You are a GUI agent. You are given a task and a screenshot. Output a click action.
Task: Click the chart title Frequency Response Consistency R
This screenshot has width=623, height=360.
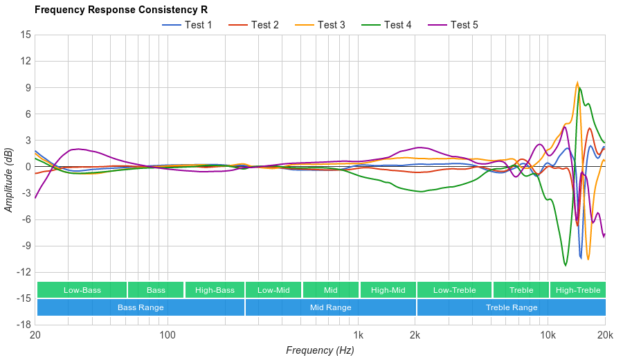pyautogui.click(x=120, y=10)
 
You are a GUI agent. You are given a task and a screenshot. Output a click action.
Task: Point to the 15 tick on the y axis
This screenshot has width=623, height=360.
pyautogui.click(x=26, y=35)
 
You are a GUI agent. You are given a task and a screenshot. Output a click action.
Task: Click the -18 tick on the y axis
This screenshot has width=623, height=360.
pyautogui.click(x=24, y=325)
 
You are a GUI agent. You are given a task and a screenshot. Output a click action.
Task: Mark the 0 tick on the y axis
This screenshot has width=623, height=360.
pyautogui.click(x=28, y=167)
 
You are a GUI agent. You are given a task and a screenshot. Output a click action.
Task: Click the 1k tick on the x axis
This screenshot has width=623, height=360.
pyautogui.click(x=358, y=335)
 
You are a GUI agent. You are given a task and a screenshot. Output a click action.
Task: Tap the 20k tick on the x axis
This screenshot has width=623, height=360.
pyautogui.click(x=605, y=335)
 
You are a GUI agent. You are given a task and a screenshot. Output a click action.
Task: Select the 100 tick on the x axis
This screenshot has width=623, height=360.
pyautogui.click(x=168, y=335)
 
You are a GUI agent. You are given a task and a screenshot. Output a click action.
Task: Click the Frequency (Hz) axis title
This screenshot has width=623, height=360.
pyautogui.click(x=320, y=350)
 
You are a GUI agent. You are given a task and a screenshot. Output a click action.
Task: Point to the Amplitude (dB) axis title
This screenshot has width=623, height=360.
pyautogui.click(x=9, y=179)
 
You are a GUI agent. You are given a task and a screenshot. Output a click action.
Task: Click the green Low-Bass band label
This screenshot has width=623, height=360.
pyautogui.click(x=82, y=290)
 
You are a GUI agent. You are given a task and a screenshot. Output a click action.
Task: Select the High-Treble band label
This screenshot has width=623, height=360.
pyautogui.click(x=578, y=290)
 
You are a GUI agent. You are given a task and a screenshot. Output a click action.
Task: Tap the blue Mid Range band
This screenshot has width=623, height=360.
pyautogui.click(x=330, y=307)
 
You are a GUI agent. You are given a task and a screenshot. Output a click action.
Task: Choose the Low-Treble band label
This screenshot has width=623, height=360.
pyautogui.click(x=454, y=290)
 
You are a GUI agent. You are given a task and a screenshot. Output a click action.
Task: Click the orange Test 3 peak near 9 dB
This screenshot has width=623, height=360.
pyautogui.click(x=577, y=82)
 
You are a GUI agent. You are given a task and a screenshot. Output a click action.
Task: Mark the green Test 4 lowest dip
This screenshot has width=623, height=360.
pyautogui.click(x=566, y=265)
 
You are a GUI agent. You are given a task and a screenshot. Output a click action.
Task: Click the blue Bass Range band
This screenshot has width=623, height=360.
pyautogui.click(x=141, y=307)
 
